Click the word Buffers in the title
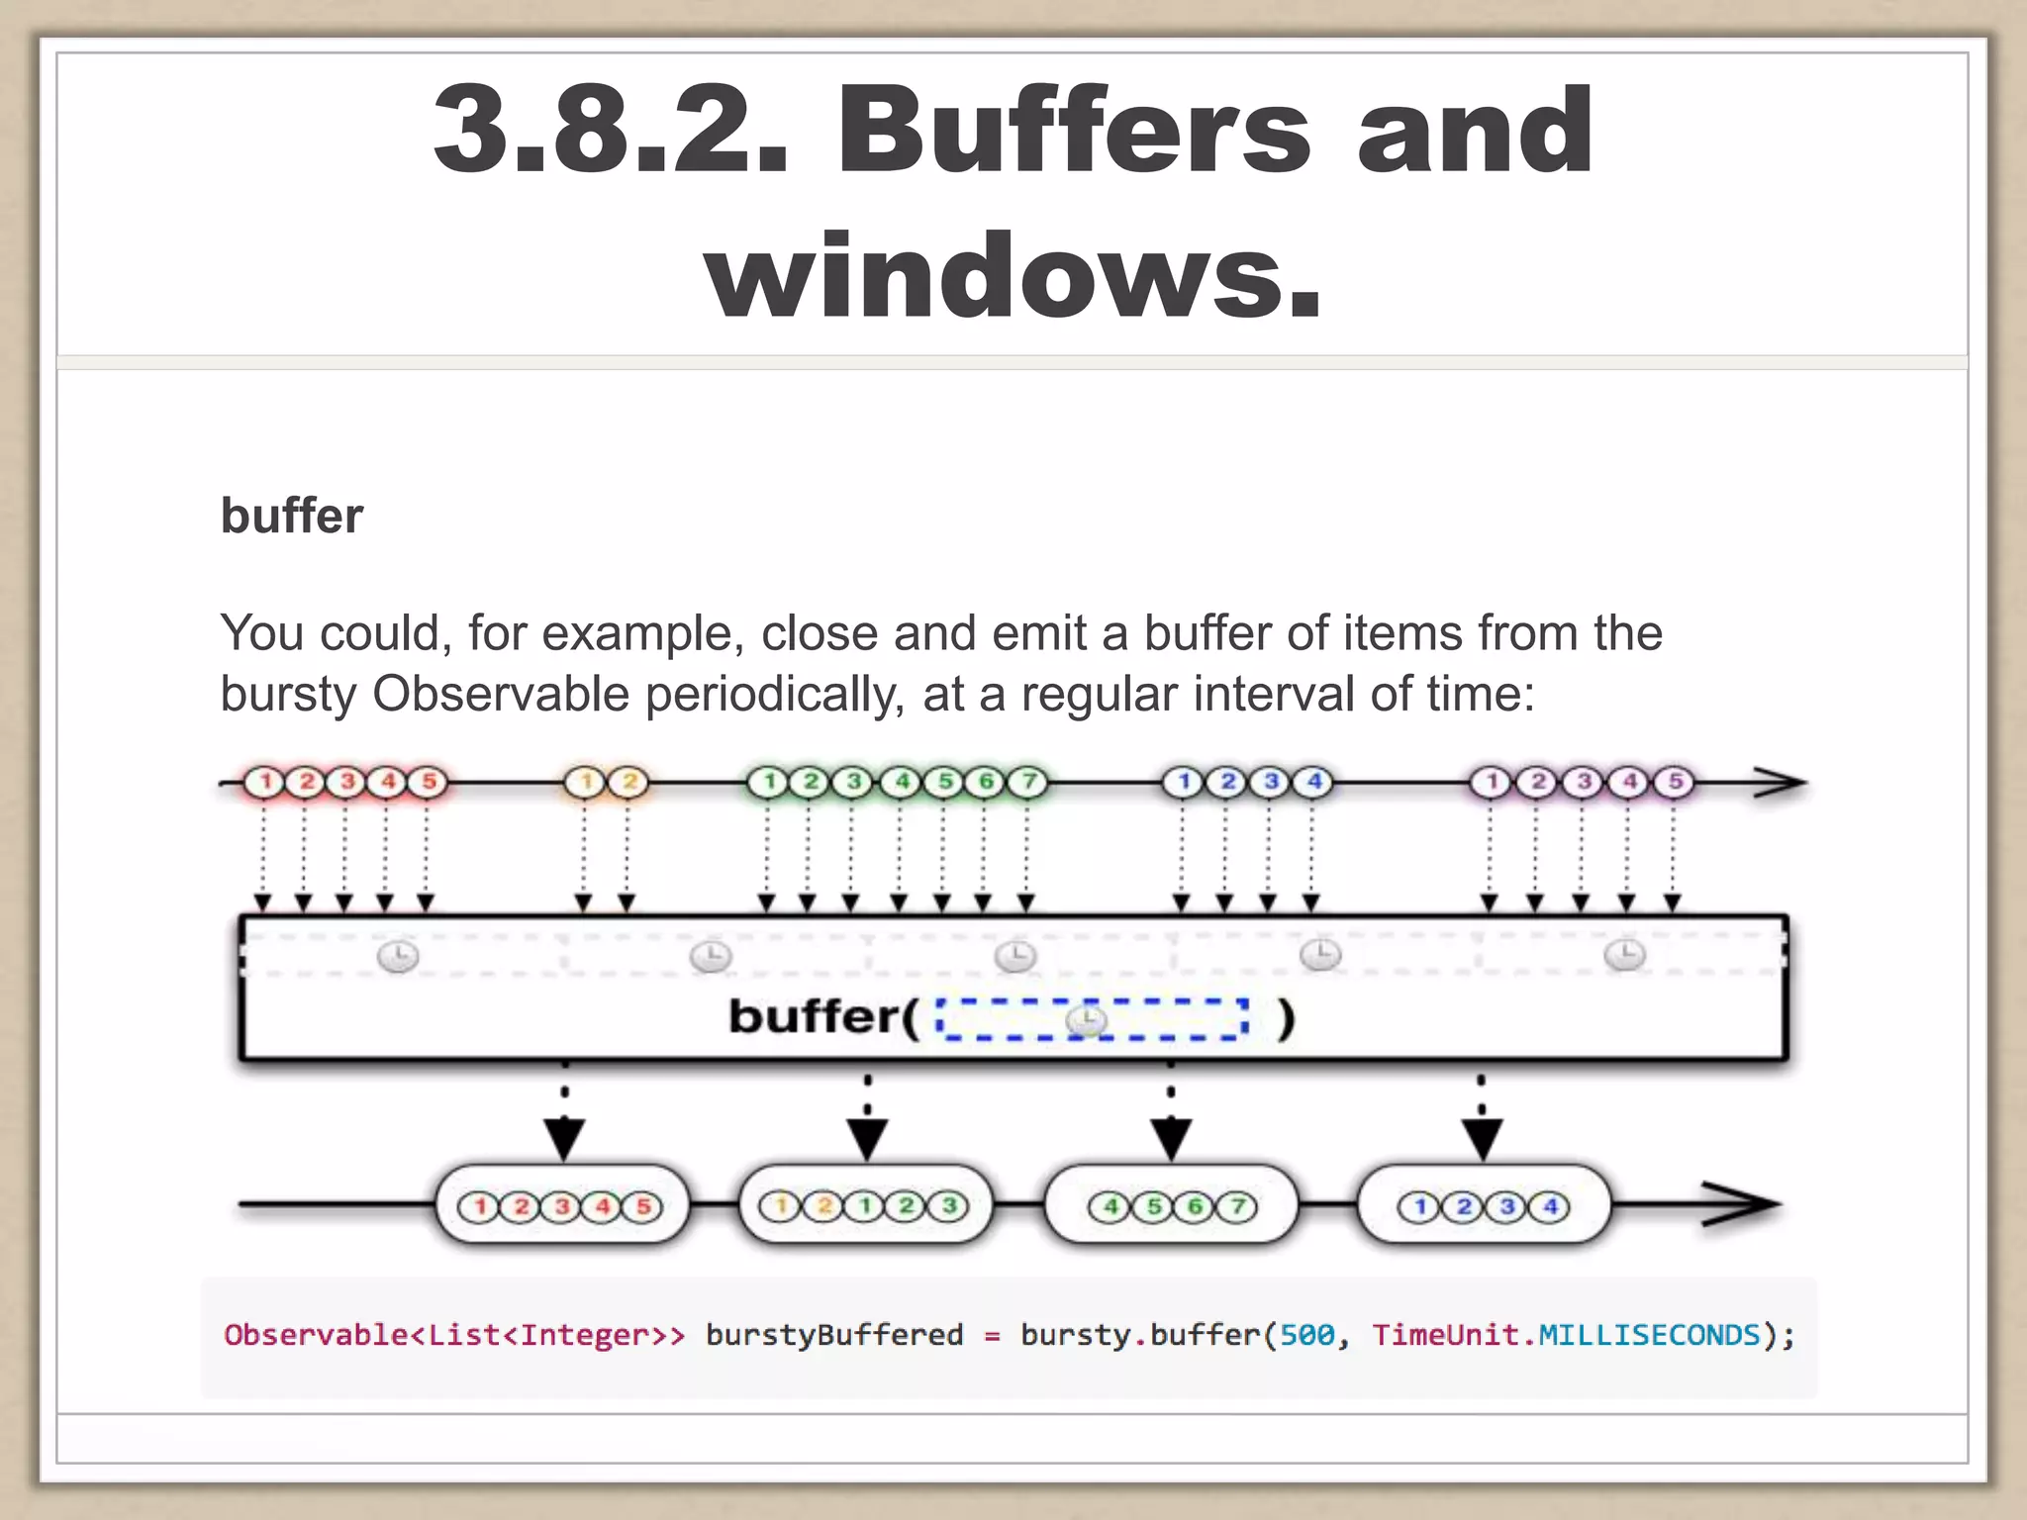click(x=1074, y=131)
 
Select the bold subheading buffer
click(x=292, y=516)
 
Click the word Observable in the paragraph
click(x=500, y=694)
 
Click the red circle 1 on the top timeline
click(x=264, y=782)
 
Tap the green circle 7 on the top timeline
click(x=1028, y=782)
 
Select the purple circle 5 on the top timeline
click(x=1675, y=782)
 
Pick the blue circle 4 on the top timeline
click(x=1314, y=782)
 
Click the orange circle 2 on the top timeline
click(x=628, y=782)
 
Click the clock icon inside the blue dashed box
click(x=1087, y=1019)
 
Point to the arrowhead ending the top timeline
click(x=1782, y=783)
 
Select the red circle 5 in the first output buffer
click(x=643, y=1206)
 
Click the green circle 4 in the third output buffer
click(x=1110, y=1206)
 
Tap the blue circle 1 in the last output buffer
click(x=1419, y=1206)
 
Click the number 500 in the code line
click(x=1306, y=1335)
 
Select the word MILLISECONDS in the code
click(x=1649, y=1335)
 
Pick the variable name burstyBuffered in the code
click(x=833, y=1335)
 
